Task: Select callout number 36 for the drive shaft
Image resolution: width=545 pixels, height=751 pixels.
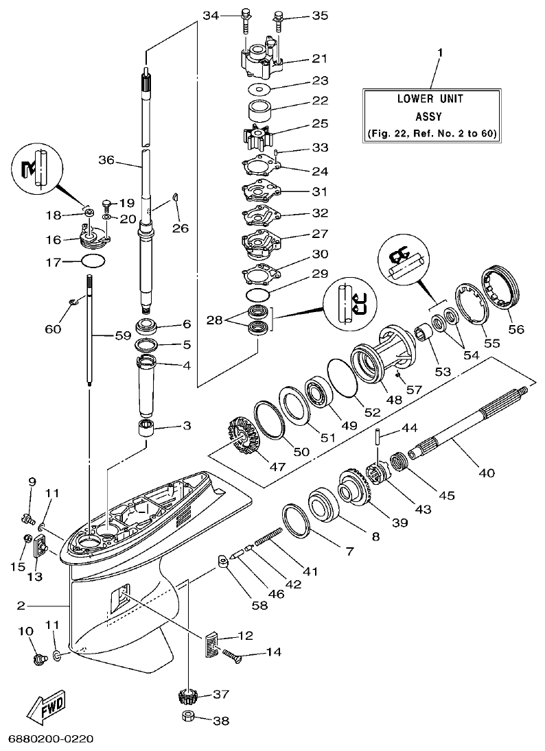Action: pos(106,160)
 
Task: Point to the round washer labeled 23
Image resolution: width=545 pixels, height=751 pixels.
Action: pos(258,89)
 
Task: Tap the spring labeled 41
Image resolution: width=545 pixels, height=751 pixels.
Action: pos(268,532)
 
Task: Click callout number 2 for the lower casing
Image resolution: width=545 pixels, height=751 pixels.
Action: pos(21,605)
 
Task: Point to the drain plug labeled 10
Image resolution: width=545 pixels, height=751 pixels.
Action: pos(37,659)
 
